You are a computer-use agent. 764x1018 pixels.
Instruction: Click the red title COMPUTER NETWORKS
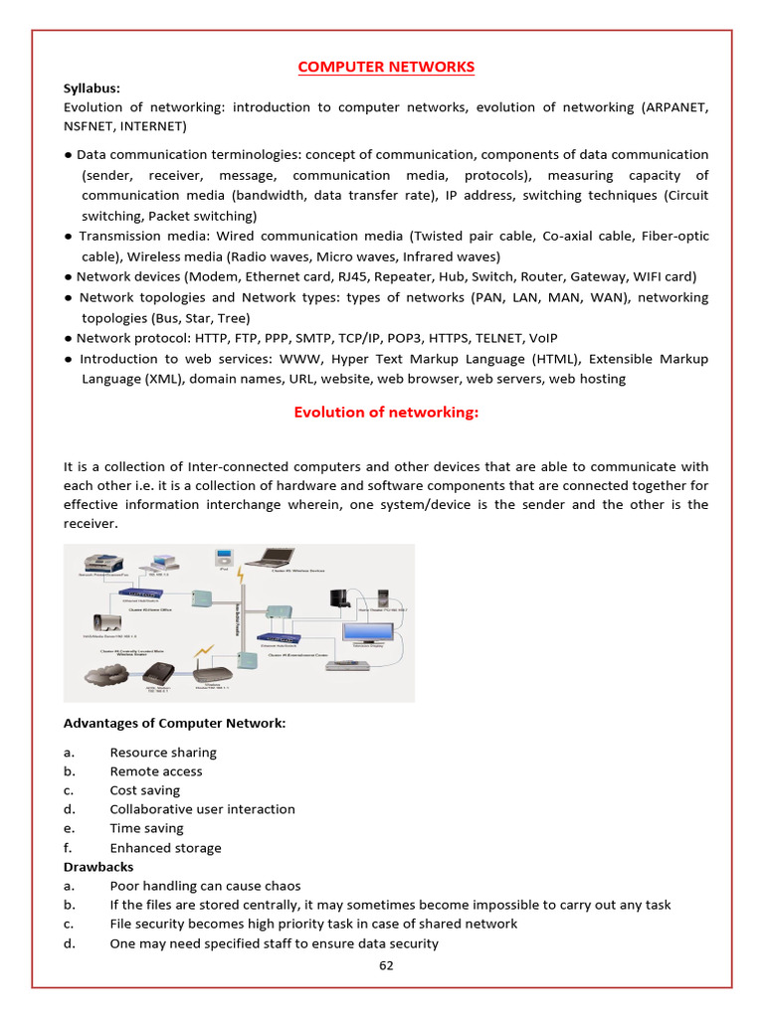pos(386,67)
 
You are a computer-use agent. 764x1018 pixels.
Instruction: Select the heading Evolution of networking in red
pos(386,413)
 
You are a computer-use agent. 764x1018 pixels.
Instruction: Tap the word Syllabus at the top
pos(92,87)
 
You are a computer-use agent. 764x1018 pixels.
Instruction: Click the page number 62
pos(386,963)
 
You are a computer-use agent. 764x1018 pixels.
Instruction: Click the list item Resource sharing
pos(163,753)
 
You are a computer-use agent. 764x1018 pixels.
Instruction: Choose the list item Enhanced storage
pos(165,848)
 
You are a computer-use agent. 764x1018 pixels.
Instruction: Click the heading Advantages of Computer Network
pos(174,723)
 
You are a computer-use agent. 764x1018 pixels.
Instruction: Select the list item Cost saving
pos(145,790)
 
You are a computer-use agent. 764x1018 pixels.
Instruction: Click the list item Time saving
pos(146,828)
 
